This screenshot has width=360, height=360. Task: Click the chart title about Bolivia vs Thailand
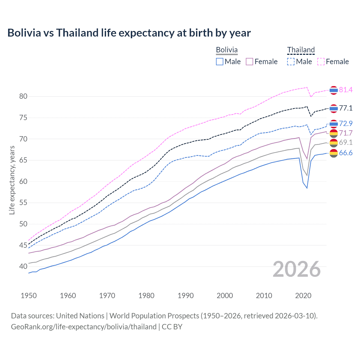pos(129,33)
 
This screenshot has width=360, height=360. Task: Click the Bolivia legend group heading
pos(227,50)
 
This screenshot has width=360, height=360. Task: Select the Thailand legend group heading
pos(301,50)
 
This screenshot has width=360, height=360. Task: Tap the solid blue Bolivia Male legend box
pos(220,62)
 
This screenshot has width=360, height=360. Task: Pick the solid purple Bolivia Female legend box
pos(249,62)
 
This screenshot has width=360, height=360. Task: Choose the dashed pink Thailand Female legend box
pos(321,62)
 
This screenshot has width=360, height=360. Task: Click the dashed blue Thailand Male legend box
pos(291,62)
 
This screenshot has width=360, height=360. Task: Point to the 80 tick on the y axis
pos(23,96)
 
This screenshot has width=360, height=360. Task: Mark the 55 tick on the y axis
pos(23,203)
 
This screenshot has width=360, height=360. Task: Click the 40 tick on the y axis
pos(23,266)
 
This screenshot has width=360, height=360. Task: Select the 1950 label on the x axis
pos(29,296)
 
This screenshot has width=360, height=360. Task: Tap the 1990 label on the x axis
pos(186,296)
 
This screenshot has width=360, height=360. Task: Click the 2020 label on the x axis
pos(303,296)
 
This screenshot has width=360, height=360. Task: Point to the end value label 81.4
pos(346,90)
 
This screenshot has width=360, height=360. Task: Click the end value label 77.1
pos(346,108)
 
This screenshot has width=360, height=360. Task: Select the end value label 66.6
pos(346,153)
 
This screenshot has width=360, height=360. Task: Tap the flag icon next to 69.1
pos(334,143)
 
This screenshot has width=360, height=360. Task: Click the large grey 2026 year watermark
pos(297,269)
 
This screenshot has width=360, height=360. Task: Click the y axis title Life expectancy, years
pos(12,180)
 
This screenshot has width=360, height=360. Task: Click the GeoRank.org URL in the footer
pos(84,327)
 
